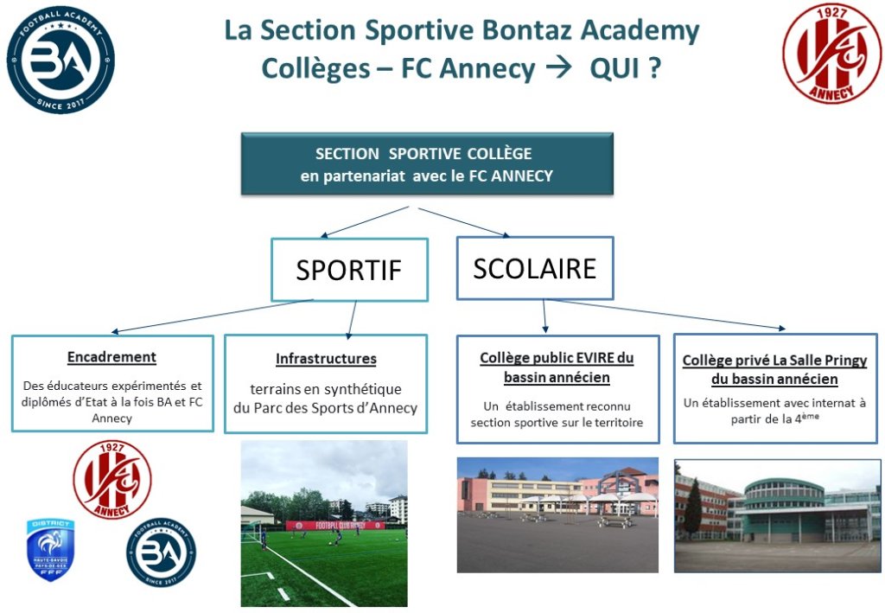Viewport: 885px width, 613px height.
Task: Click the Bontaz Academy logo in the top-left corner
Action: tap(60, 60)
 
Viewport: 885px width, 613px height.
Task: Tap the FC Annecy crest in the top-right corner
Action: tap(831, 54)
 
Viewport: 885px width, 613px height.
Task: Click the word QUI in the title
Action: tap(614, 69)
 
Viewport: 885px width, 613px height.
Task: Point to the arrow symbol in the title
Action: tap(559, 69)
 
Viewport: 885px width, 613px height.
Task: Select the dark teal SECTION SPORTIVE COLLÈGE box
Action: tap(427, 164)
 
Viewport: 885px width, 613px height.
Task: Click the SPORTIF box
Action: tap(349, 270)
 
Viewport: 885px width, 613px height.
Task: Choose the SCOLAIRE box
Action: tap(534, 268)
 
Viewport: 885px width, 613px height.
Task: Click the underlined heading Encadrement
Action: tap(111, 357)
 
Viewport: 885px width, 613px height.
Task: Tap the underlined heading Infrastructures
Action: tap(326, 359)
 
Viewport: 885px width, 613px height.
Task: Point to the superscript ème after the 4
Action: tap(810, 416)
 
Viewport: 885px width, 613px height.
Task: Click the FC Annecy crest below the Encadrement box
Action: tap(112, 480)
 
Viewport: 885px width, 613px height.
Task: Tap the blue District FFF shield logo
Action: tap(51, 550)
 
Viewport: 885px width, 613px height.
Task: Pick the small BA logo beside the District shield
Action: tap(162, 552)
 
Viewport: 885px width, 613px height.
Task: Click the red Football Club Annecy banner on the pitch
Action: tap(335, 526)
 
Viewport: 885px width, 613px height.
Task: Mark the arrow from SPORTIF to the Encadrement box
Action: tap(213, 316)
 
